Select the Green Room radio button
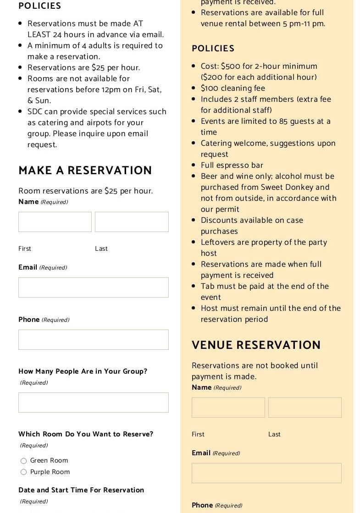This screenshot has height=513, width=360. (23, 461)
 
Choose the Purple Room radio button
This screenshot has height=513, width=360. (23, 472)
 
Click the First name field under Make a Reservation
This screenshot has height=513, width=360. (55, 222)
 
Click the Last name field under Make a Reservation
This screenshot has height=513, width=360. (132, 222)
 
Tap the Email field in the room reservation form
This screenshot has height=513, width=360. (94, 287)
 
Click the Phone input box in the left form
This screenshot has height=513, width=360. (94, 340)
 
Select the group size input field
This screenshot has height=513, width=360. (94, 403)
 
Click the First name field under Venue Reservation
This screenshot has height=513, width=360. (228, 408)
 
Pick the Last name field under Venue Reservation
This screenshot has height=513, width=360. (305, 408)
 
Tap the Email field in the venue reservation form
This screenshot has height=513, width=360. (266, 473)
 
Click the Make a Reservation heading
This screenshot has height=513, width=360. (85, 171)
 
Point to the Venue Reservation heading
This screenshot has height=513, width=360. (256, 345)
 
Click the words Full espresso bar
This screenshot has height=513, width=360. (232, 165)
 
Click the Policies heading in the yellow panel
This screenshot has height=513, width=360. (213, 49)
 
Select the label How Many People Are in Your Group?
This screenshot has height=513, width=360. (83, 371)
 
